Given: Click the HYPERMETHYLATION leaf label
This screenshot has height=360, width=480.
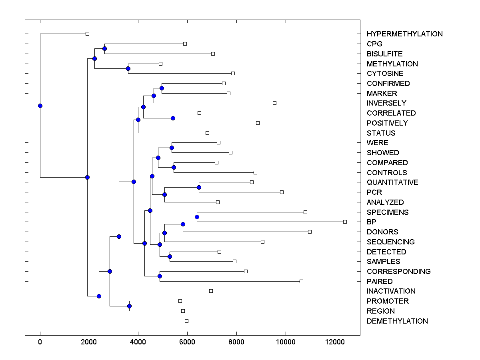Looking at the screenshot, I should pyautogui.click(x=404, y=34).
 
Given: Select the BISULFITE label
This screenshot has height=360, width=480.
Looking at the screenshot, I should pyautogui.click(x=384, y=54).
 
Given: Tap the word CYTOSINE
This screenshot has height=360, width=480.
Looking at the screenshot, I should pyautogui.click(x=385, y=74).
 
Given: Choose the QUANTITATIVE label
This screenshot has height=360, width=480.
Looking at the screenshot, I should pyautogui.click(x=392, y=182).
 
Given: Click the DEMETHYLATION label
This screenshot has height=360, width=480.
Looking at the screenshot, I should pyautogui.click(x=397, y=321).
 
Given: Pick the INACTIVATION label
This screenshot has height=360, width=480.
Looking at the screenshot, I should pyautogui.click(x=391, y=291).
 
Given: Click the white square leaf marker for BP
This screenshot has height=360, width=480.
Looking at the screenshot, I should pyautogui.click(x=345, y=222).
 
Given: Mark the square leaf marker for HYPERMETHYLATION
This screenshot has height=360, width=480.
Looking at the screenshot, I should pyautogui.click(x=88, y=34).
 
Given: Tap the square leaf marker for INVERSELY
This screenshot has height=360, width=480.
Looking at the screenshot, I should pyautogui.click(x=274, y=103).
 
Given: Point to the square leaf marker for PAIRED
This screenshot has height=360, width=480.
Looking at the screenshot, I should pyautogui.click(x=301, y=281).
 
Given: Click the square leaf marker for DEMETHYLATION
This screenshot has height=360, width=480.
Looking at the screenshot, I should pyautogui.click(x=186, y=321).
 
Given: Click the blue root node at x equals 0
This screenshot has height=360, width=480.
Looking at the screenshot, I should pyautogui.click(x=40, y=106).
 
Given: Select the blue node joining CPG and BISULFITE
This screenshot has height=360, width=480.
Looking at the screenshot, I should pyautogui.click(x=104, y=49).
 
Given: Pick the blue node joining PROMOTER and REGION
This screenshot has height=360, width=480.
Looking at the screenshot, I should pyautogui.click(x=129, y=306).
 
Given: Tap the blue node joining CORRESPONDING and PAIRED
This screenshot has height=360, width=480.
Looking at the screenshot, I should pyautogui.click(x=160, y=276).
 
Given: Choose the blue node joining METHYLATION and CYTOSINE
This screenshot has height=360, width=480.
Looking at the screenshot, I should pyautogui.click(x=128, y=68).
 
